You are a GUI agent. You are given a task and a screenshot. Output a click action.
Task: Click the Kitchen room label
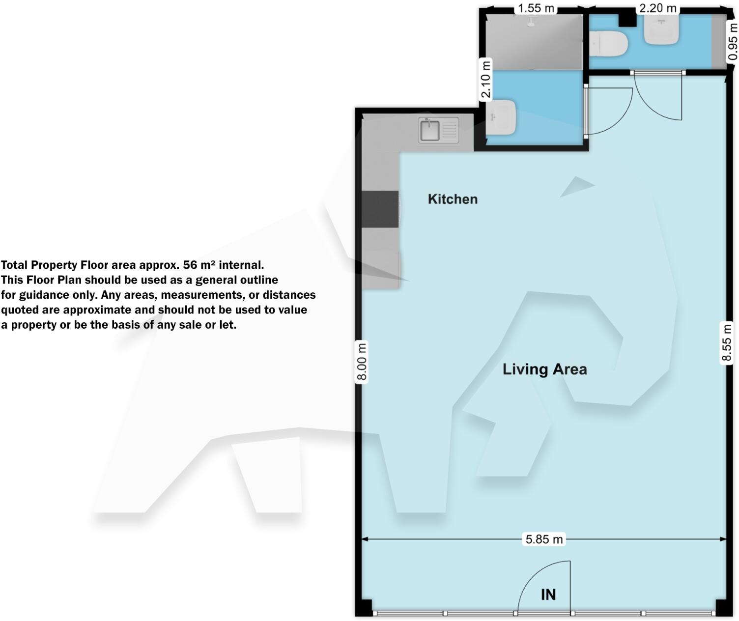point(453,199)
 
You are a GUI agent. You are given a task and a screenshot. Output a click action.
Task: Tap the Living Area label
point(544,369)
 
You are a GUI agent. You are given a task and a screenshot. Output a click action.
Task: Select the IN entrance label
point(548,594)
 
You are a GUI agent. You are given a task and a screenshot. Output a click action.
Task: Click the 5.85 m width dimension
point(544,539)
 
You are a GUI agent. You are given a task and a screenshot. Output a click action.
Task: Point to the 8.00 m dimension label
point(362,362)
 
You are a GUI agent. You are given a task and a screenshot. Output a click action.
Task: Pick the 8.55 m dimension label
point(727,342)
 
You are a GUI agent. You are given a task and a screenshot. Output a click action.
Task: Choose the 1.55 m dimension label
point(536,8)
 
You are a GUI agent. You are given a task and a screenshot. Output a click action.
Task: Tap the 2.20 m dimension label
point(657,8)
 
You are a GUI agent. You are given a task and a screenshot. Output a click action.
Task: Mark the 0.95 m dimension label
point(732,42)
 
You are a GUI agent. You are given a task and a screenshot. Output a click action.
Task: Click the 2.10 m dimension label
point(485,80)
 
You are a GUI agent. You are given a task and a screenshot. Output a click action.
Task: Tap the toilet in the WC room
point(609,44)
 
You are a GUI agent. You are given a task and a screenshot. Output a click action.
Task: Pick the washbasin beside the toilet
point(661,29)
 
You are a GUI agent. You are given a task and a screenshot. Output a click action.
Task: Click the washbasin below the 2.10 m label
point(501,117)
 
